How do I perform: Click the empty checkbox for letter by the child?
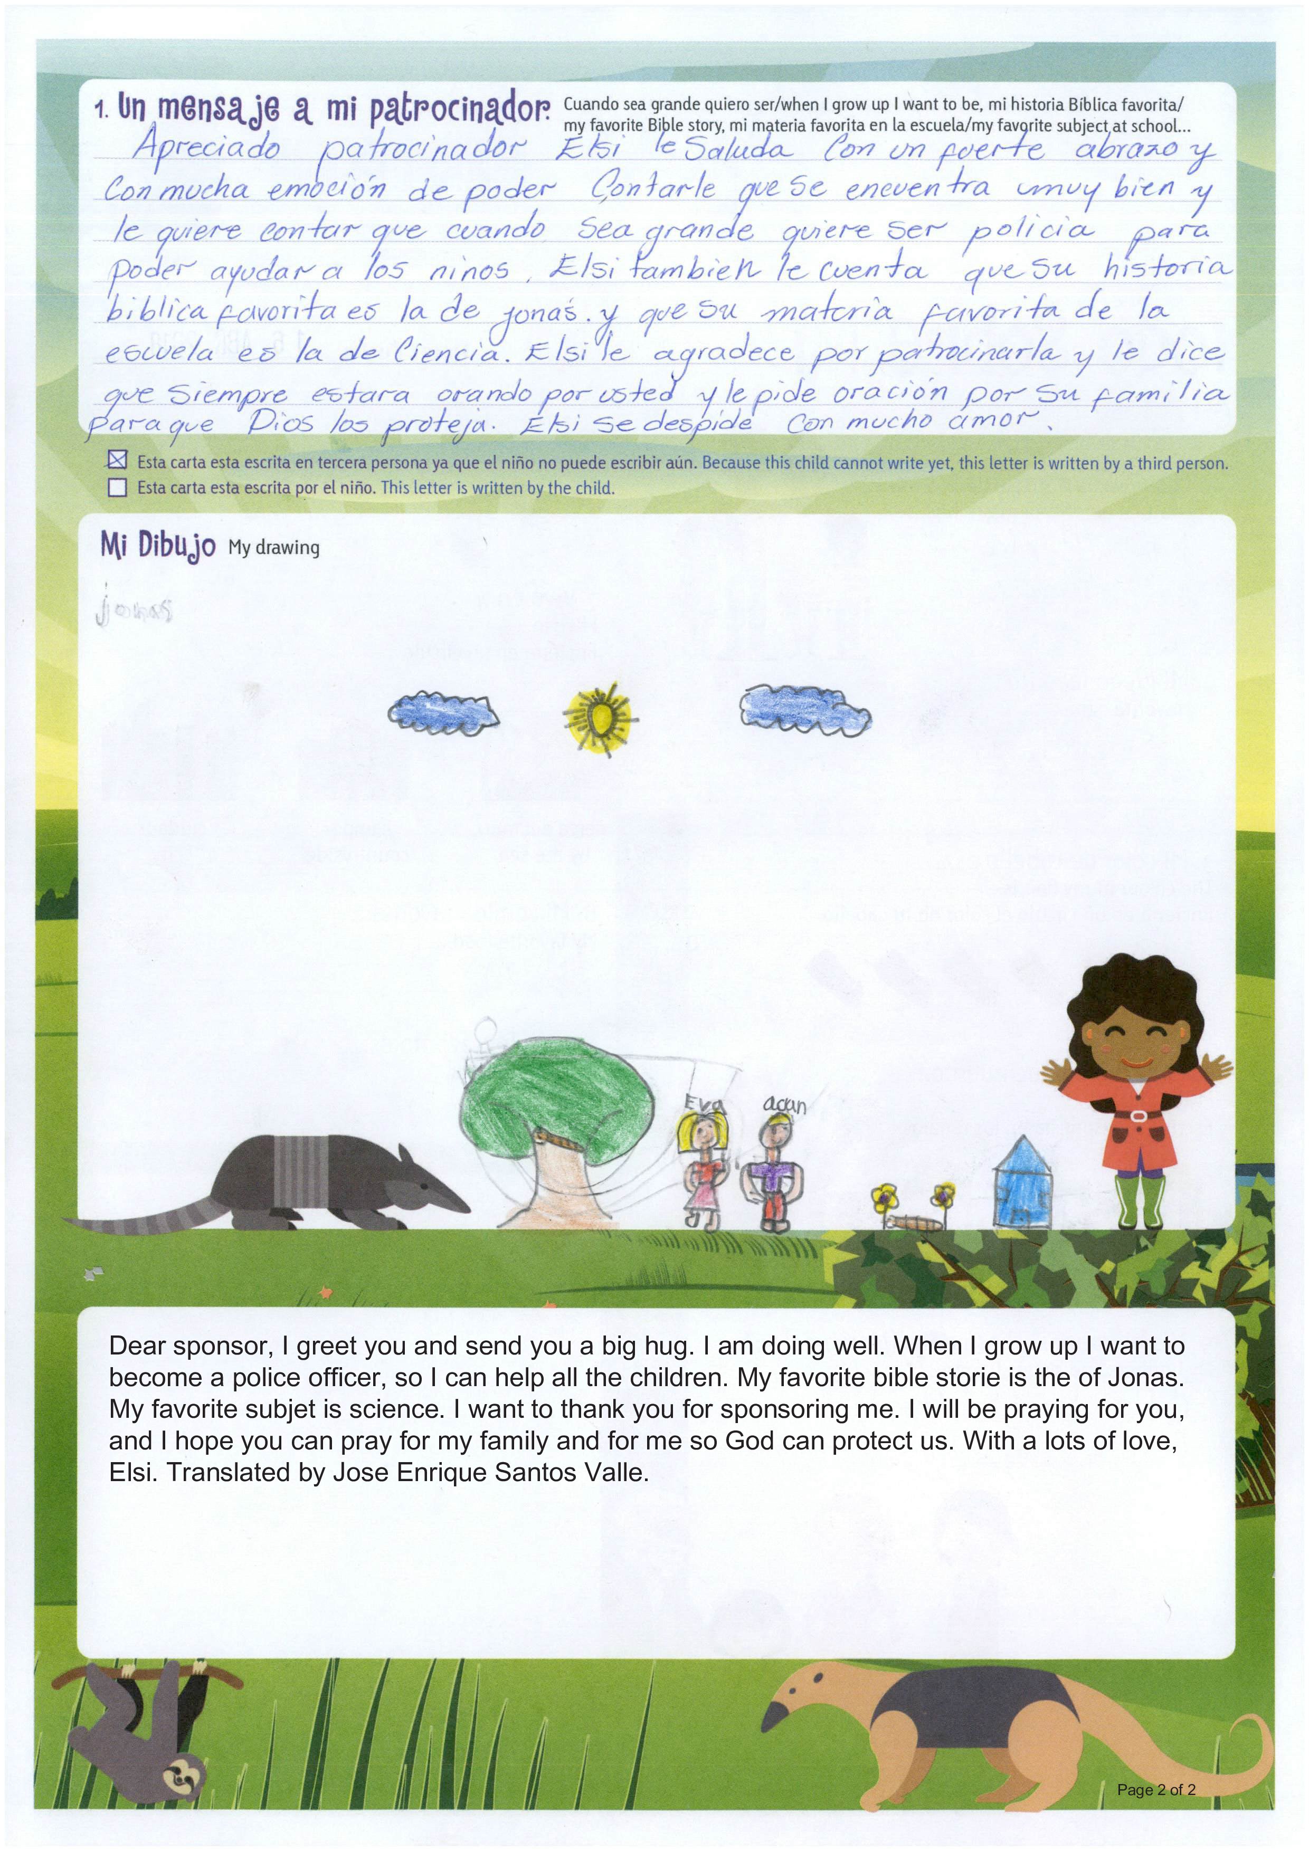tap(118, 487)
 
